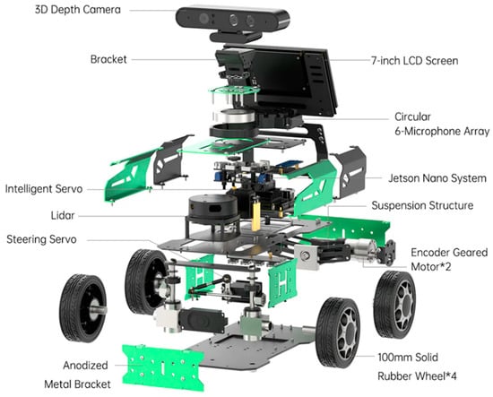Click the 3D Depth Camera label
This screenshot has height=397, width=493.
(x=78, y=10)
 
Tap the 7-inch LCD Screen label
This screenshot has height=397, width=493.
(x=414, y=60)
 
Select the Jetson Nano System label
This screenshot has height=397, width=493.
(x=437, y=178)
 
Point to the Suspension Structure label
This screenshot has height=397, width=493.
(x=422, y=205)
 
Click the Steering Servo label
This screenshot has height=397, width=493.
(x=41, y=239)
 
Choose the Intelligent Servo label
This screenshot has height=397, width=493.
(x=44, y=189)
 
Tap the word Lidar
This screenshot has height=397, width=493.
(x=63, y=216)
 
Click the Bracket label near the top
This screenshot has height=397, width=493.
(x=108, y=59)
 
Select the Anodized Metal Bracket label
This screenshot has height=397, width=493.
(x=77, y=375)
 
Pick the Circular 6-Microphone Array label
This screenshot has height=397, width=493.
(x=442, y=124)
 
